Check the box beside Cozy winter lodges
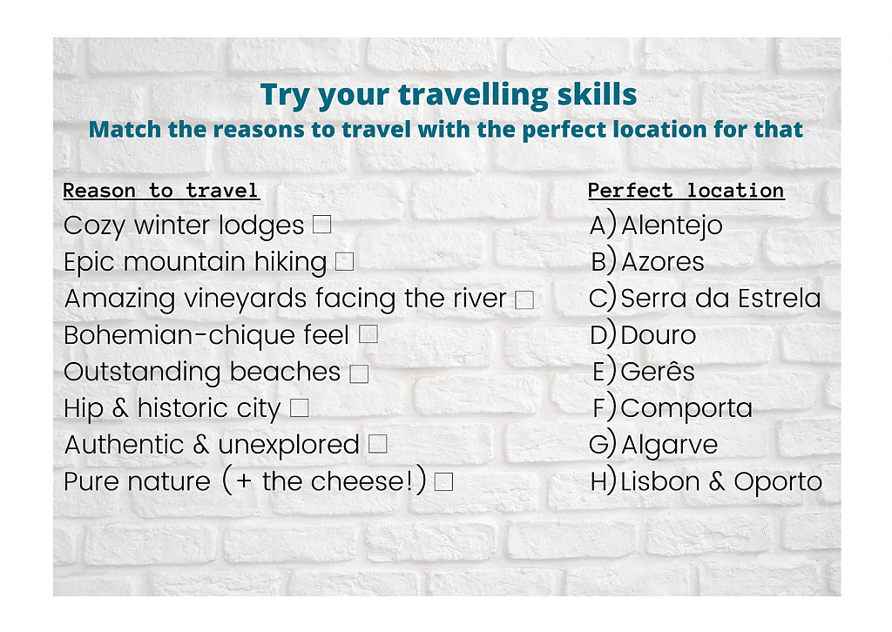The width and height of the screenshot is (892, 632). point(322,225)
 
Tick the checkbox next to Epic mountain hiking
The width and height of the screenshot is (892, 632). point(345,261)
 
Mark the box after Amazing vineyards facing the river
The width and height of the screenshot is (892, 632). point(524,299)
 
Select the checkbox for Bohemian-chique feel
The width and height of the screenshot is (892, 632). point(368,334)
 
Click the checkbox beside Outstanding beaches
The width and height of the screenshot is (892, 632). point(359,373)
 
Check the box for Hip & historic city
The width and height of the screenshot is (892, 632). point(300,407)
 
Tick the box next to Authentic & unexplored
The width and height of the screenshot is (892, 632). point(378,444)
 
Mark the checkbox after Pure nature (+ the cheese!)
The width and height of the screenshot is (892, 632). point(443,482)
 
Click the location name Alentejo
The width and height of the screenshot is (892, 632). point(672,226)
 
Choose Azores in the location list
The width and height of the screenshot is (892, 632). point(663,262)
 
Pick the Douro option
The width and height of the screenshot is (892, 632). point(659,335)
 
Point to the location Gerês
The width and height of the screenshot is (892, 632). point(658,371)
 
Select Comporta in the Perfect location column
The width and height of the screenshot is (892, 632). point(686,409)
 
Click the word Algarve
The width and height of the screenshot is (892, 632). point(670,445)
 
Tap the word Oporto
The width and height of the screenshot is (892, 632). point(778,482)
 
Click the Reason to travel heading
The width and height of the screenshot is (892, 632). point(161,191)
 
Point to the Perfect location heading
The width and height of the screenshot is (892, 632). point(686,191)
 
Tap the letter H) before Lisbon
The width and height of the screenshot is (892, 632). point(604,481)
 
